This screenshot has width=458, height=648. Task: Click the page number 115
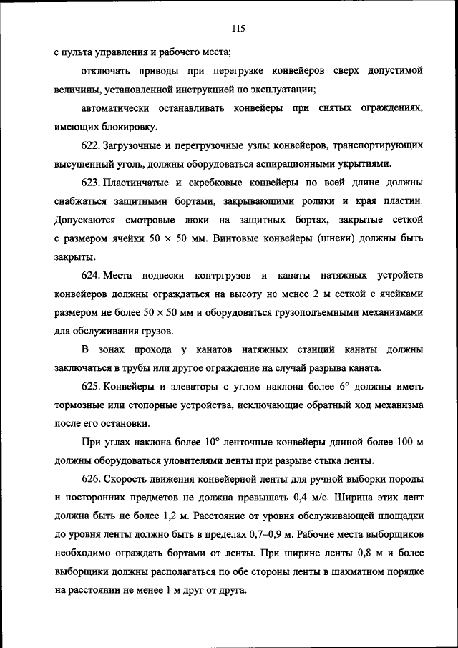238,29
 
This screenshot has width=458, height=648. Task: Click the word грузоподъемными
325,313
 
